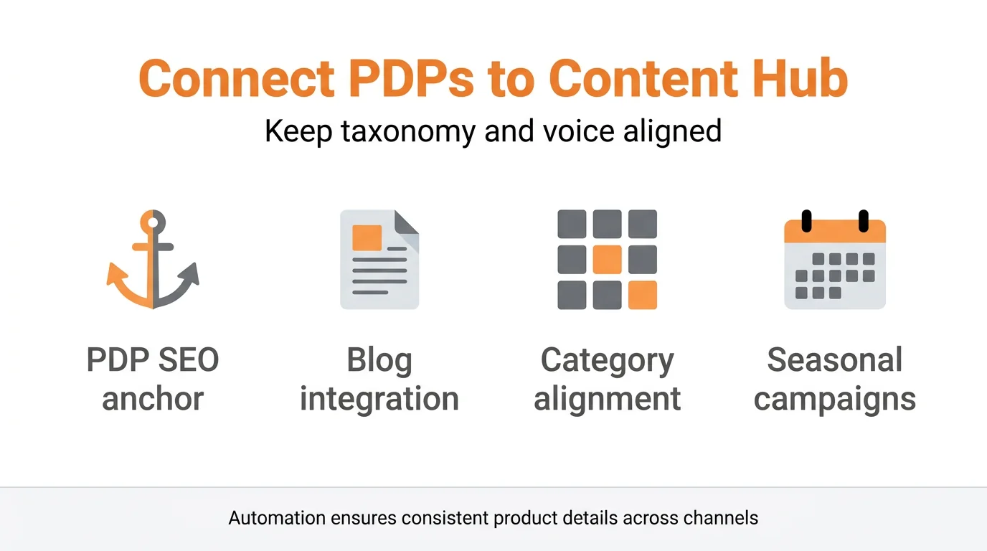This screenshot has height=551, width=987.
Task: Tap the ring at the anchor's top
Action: tap(153, 222)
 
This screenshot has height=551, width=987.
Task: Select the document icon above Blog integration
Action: tap(379, 260)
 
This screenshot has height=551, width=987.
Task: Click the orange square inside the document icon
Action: tap(367, 237)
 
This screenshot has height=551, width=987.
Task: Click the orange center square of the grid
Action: tap(607, 260)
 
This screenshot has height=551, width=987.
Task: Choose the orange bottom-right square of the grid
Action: tap(643, 295)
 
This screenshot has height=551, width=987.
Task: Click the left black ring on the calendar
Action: tap(806, 221)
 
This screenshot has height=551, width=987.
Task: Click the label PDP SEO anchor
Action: tap(153, 379)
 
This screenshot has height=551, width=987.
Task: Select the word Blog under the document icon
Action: tap(379, 360)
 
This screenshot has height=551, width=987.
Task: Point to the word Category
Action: tap(607, 360)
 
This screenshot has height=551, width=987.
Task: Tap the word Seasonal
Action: tap(835, 360)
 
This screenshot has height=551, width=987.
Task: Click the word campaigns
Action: tap(835, 399)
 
